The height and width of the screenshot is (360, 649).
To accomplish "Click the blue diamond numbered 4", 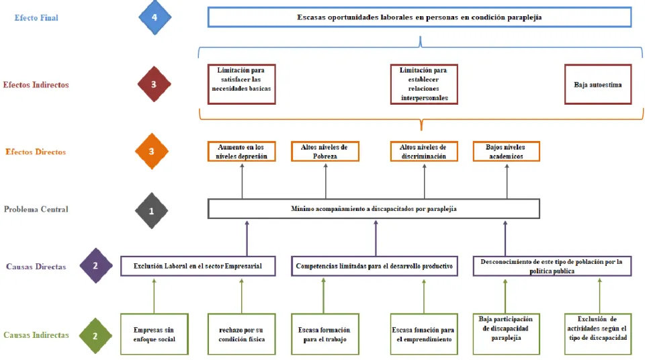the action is pos(155,17).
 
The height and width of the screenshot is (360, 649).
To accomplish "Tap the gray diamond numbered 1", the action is pos(151,211).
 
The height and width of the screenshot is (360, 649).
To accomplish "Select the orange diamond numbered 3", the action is pos(151,151).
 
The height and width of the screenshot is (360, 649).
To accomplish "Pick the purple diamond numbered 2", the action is pos(95,266).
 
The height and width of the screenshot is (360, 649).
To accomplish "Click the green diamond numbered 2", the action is pos(95,336).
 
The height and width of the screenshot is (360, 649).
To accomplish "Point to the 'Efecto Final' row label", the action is pos(36,17).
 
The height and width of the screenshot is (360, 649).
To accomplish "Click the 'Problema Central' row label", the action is pos(36,210).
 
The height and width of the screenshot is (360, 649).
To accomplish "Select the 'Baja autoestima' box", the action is pos(598,85).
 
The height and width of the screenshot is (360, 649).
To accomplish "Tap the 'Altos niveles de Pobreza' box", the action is pos(325,151).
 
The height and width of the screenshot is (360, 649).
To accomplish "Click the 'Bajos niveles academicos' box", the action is pos(506,151).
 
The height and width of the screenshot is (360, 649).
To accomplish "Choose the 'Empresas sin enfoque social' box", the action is pos(155,334).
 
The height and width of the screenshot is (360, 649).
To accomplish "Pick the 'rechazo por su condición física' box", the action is pos(242,334).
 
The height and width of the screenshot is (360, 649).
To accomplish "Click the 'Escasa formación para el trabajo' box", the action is pos(325,334).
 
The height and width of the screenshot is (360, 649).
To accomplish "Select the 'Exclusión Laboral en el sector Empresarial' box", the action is pos(198,266).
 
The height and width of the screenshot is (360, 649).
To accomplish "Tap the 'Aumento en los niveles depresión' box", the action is pos(242,151).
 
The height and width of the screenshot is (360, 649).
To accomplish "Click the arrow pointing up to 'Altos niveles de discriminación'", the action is pos(424,181).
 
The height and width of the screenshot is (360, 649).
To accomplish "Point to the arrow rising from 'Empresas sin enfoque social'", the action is pos(155,296).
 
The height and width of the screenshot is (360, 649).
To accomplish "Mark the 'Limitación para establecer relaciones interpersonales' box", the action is pos(424,85).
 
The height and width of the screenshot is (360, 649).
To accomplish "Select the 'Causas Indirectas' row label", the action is pos(36,335).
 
